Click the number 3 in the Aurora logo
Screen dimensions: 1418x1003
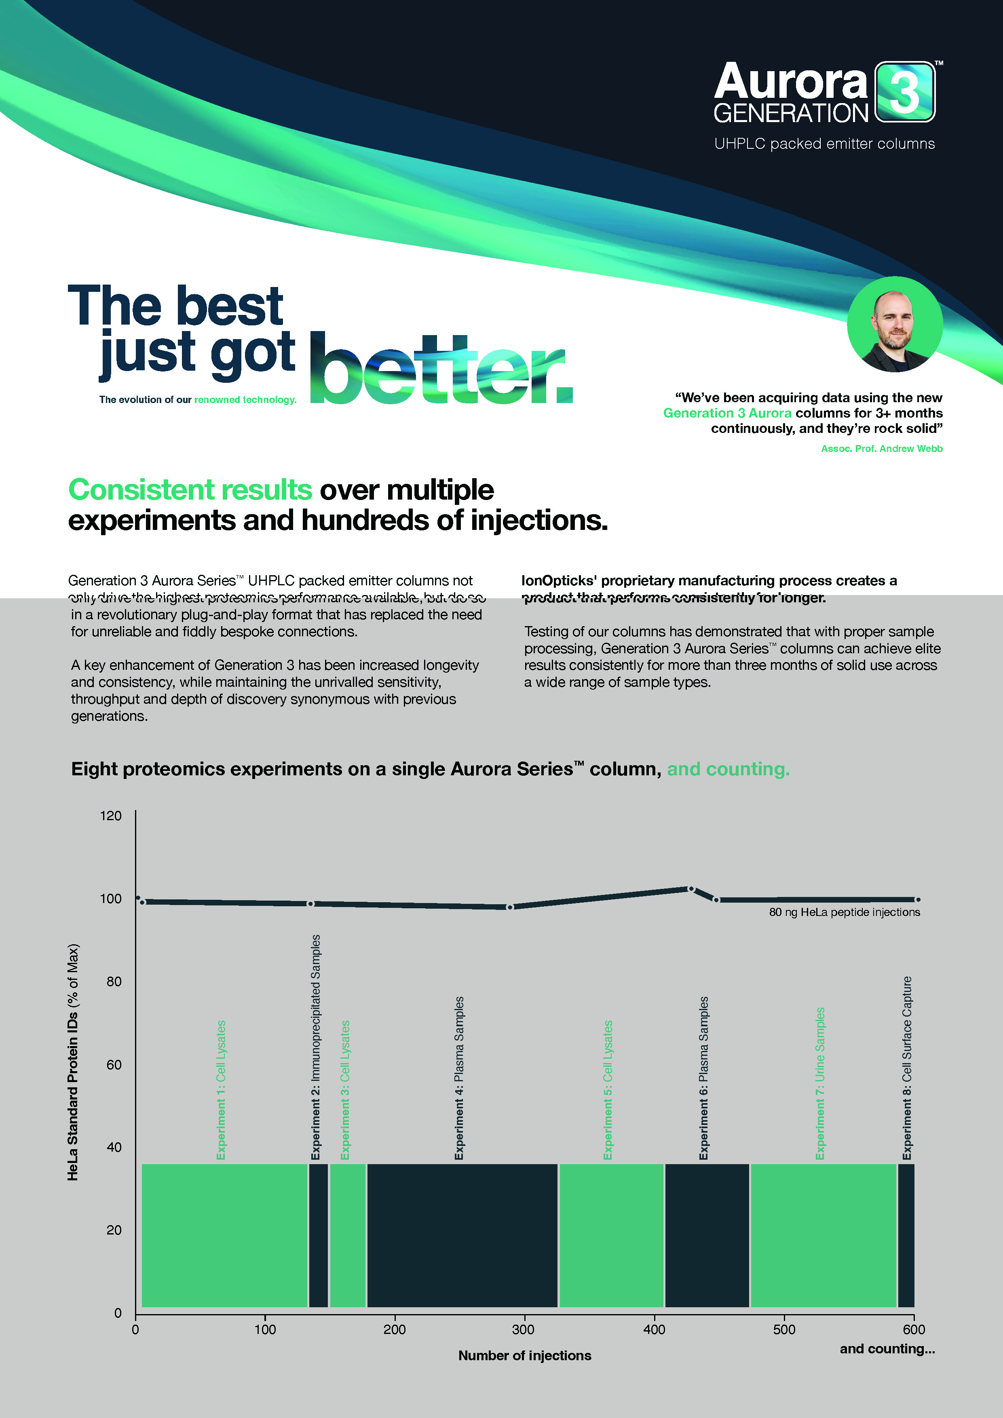(905, 93)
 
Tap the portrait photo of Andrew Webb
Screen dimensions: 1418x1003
(894, 324)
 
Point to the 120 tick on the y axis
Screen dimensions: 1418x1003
(111, 816)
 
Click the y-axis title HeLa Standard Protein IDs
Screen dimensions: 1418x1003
(73, 1062)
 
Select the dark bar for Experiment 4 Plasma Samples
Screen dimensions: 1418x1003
(462, 1235)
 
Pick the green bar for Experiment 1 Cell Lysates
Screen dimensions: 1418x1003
(224, 1235)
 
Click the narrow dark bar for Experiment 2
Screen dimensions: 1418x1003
(318, 1235)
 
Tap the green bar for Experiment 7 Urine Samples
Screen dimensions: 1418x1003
(823, 1235)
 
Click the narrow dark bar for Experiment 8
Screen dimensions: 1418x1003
(906, 1235)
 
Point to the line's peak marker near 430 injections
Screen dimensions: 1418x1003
(691, 889)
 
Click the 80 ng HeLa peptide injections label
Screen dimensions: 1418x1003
(844, 912)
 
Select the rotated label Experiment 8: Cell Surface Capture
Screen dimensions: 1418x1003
(907, 1068)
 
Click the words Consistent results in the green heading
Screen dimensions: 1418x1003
(190, 490)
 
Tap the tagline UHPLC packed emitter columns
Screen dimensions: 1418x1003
(824, 144)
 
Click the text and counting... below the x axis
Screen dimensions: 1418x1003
(887, 1349)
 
